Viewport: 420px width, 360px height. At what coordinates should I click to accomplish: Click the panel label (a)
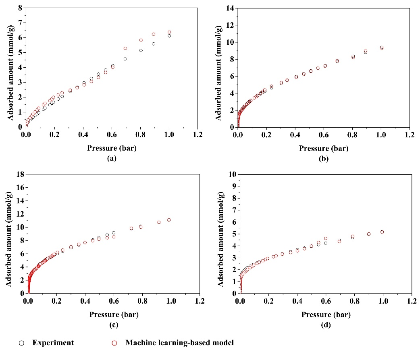tap(112, 158)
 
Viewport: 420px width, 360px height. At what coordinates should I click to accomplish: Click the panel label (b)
tap(324, 158)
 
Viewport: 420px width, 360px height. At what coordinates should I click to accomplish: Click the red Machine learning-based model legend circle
tap(114, 343)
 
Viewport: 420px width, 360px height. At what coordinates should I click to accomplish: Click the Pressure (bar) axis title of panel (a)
tap(112, 148)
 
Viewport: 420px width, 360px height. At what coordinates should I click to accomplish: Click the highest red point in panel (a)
tap(169, 32)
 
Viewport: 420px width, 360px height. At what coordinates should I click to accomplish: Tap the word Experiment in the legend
tap(53, 343)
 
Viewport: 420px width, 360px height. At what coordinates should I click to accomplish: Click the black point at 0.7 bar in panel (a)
tap(125, 59)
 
